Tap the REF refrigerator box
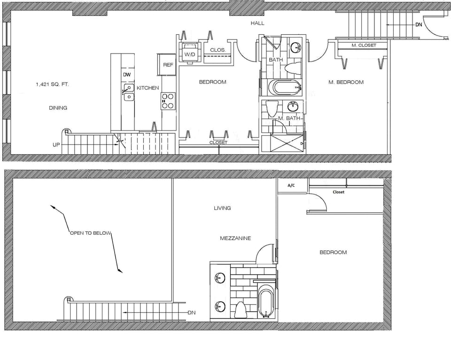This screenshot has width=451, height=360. click(167, 65)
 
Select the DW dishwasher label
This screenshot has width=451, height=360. click(126, 75)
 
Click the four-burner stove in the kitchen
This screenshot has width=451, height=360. click(168, 101)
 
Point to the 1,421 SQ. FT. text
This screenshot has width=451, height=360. click(52, 84)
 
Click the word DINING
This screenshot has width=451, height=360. click(58, 107)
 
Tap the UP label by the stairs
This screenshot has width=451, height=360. click(56, 145)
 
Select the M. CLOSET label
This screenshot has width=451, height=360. click(364, 46)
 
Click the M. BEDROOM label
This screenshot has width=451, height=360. click(346, 82)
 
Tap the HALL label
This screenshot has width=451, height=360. click(257, 23)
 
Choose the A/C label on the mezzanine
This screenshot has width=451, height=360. click(291, 185)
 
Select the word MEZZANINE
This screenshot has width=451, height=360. click(235, 238)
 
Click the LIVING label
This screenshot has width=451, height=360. click(222, 208)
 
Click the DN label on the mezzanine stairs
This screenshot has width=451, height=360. click(191, 312)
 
